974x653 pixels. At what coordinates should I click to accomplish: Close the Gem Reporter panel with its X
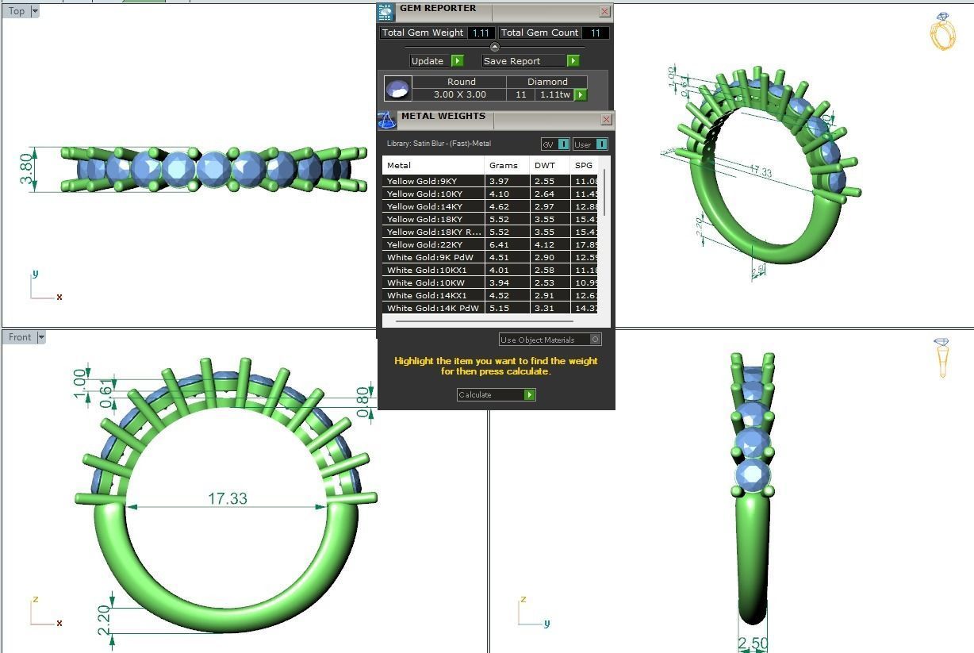coord(605,11)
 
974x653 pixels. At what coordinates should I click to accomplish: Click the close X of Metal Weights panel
coord(607,119)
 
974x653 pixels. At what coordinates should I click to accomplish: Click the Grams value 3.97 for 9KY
coord(499,181)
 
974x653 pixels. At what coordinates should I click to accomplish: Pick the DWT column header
coord(545,165)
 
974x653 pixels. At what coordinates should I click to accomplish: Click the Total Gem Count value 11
coord(595,33)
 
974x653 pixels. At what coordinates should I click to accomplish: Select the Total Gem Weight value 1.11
coord(481,33)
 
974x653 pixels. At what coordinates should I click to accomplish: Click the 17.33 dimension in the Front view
coord(228,498)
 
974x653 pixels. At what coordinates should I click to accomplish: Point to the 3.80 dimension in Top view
coord(27,169)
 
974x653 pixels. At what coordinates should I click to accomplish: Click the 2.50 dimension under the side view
coord(752,643)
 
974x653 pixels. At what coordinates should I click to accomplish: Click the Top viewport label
coord(17,11)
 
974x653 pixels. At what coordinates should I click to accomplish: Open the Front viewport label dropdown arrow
coord(41,337)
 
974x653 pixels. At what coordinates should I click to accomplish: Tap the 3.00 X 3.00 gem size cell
coord(459,94)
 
